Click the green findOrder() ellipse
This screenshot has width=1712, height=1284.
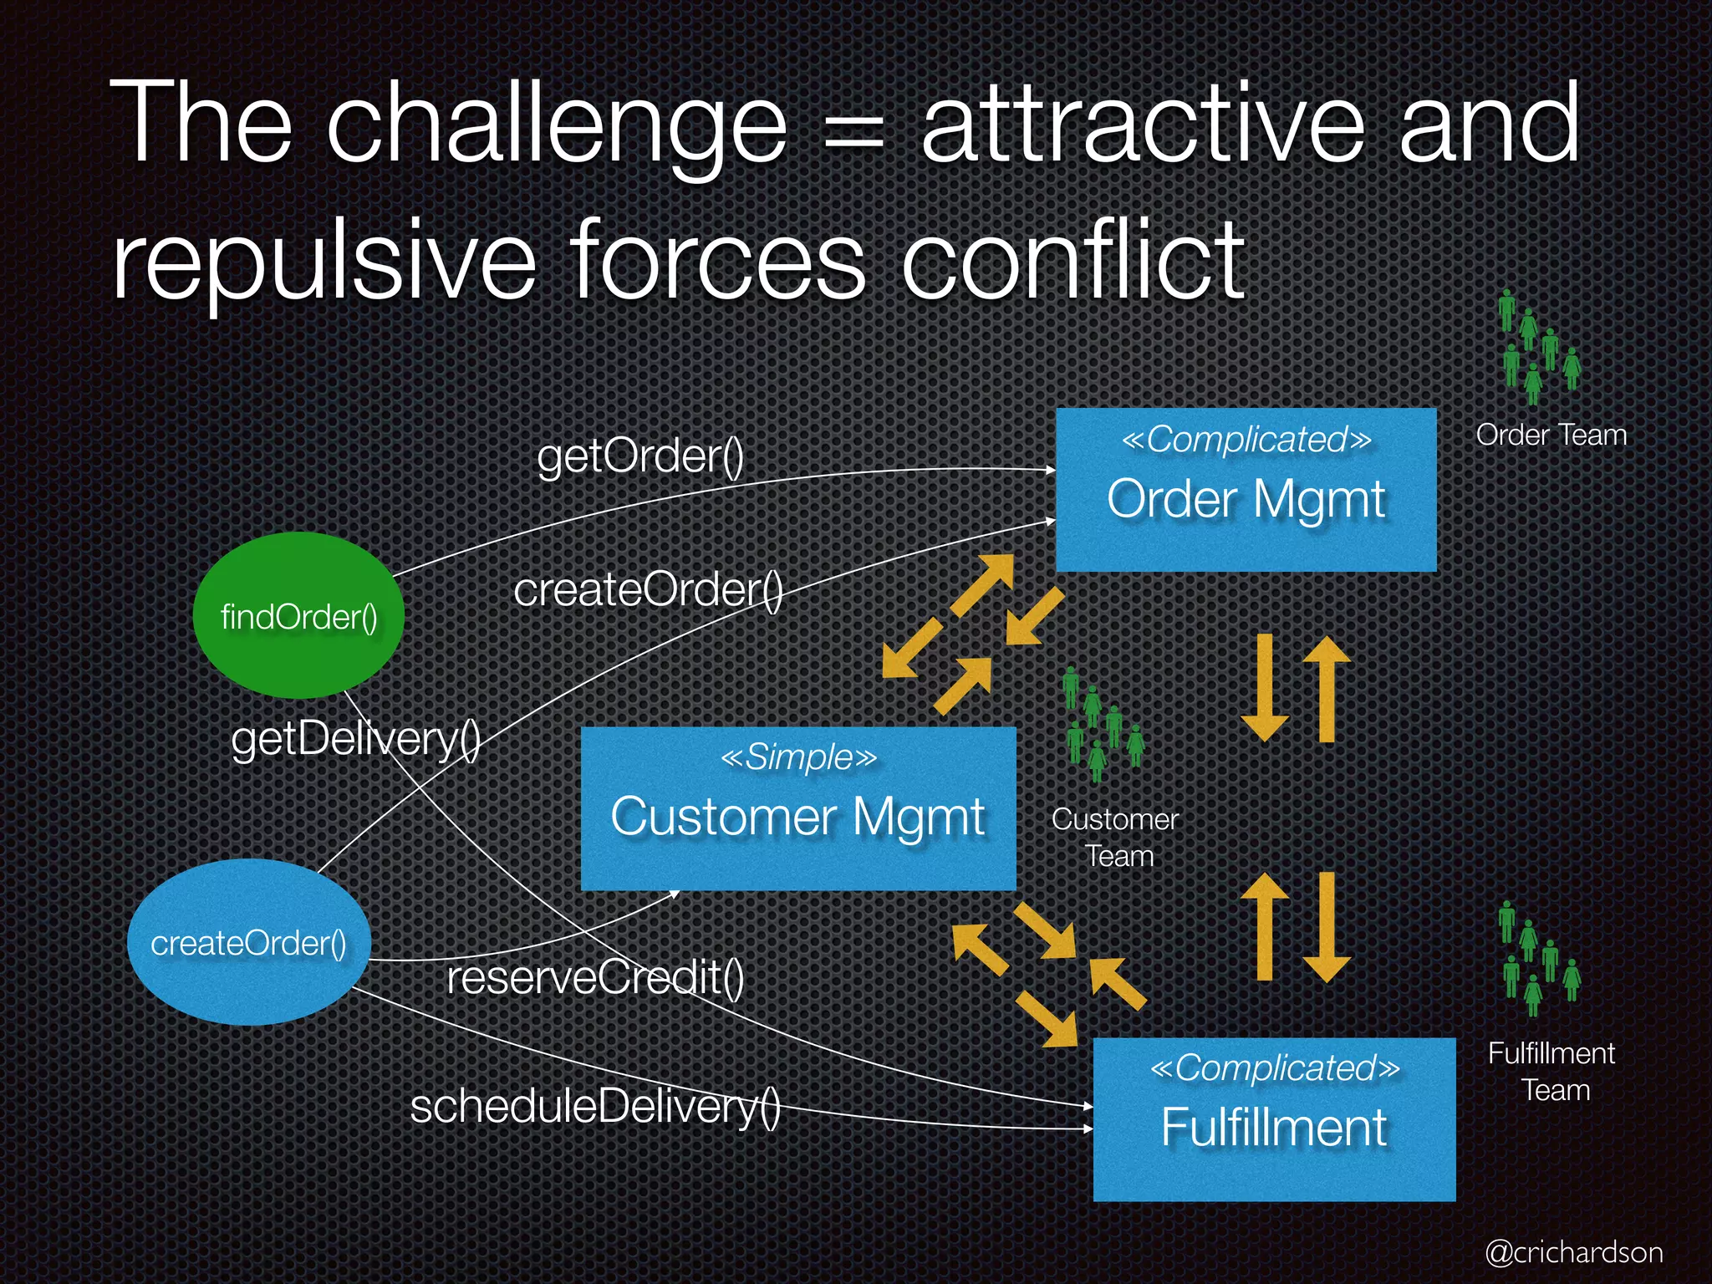point(298,616)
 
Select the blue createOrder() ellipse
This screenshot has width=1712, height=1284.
point(248,942)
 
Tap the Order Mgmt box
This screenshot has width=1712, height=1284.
point(1246,491)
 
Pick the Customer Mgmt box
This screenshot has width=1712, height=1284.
point(798,809)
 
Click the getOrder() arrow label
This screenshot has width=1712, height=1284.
point(640,456)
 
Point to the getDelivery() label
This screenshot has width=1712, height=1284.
point(355,739)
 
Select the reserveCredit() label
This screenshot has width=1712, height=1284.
point(595,977)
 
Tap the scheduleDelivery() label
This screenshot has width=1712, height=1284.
point(595,1106)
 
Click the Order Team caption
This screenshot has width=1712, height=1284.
point(1551,435)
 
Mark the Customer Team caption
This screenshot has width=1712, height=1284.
point(1115,838)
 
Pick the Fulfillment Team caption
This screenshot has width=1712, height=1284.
point(1551,1072)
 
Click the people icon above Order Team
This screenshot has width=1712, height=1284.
point(1538,346)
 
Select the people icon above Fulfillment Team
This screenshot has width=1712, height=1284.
point(1538,958)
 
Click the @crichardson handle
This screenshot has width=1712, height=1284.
point(1574,1252)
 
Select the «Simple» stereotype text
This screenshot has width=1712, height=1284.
point(798,757)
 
